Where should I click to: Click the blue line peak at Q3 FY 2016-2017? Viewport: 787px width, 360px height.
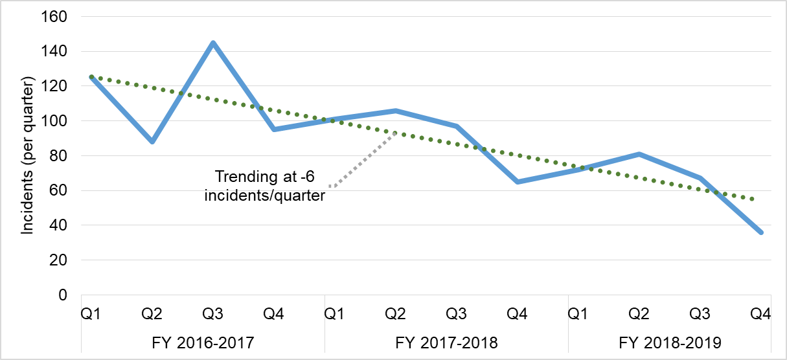pyautogui.click(x=212, y=43)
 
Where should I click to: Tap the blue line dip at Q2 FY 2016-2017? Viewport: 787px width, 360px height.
pyautogui.click(x=152, y=141)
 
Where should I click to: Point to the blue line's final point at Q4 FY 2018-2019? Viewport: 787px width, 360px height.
pyautogui.click(x=761, y=232)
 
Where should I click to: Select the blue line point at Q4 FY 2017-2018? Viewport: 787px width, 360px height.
pyautogui.click(x=518, y=182)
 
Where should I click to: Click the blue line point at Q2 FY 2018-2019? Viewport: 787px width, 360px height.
pyautogui.click(x=639, y=154)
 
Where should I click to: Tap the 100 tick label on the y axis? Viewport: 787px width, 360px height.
pyautogui.click(x=54, y=121)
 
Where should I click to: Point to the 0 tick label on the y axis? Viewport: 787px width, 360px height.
pyautogui.click(x=63, y=295)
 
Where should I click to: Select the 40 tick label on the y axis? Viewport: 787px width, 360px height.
pyautogui.click(x=58, y=225)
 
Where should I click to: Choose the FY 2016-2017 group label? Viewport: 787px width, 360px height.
pyautogui.click(x=203, y=342)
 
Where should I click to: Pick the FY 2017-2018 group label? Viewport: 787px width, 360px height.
pyautogui.click(x=446, y=342)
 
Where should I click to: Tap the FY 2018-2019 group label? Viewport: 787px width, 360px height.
pyautogui.click(x=670, y=342)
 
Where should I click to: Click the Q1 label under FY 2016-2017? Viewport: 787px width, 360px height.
pyautogui.click(x=91, y=315)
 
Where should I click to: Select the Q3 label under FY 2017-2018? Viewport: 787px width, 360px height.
pyautogui.click(x=456, y=315)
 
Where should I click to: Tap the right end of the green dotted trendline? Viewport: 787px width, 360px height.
pyautogui.click(x=753, y=199)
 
